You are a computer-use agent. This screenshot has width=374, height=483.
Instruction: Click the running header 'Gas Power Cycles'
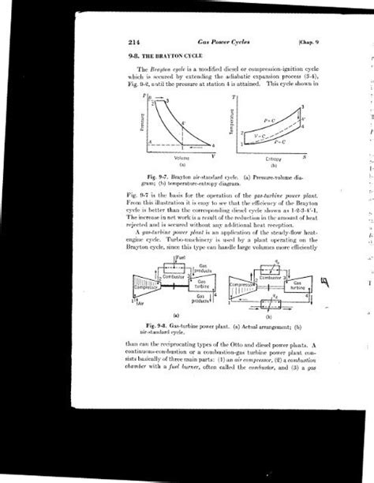tap(211, 41)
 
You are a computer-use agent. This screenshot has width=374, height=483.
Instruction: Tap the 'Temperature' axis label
tap(235, 123)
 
